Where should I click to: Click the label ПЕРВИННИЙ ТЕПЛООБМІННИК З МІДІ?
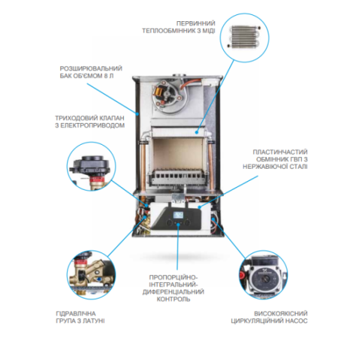tap(179, 27)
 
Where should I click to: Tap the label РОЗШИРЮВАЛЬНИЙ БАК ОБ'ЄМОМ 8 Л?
tap(91, 72)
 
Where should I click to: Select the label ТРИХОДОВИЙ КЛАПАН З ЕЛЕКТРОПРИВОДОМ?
tap(90, 121)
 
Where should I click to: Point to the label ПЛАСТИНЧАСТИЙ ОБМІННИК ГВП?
tap(275, 159)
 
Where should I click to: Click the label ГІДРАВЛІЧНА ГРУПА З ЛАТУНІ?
tap(80, 318)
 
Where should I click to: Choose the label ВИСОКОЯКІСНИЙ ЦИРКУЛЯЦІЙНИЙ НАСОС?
tap(269, 318)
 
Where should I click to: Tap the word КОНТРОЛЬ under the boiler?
tap(173, 299)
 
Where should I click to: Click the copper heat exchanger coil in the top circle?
tap(244, 37)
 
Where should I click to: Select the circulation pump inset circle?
tap(263, 275)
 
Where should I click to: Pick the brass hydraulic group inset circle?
tap(91, 275)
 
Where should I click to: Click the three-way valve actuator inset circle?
tap(91, 167)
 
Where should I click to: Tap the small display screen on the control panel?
tap(178, 215)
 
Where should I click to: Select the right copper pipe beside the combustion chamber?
tap(210, 164)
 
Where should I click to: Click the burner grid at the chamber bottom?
tap(177, 175)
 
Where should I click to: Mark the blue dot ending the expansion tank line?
tap(137, 114)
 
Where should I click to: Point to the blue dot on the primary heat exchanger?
tap(197, 132)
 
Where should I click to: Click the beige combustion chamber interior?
tap(177, 153)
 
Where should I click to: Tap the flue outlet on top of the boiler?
tap(179, 75)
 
